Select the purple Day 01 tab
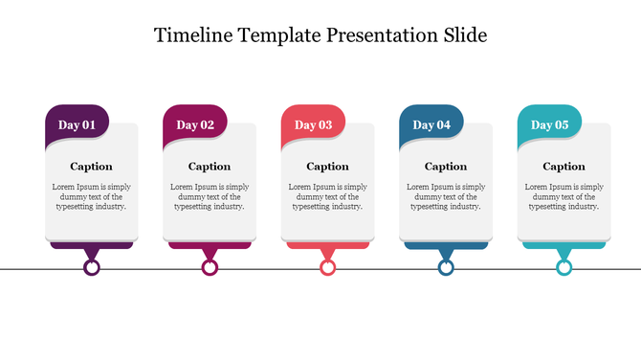click(x=77, y=124)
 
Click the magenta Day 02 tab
click(x=195, y=124)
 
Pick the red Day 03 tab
click(x=313, y=124)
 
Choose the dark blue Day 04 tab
click(x=431, y=124)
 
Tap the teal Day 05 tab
click(x=549, y=124)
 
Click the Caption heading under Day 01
click(x=91, y=167)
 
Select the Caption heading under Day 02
click(x=210, y=167)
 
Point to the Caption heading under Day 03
click(x=327, y=167)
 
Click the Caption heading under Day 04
click(x=446, y=167)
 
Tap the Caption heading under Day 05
click(x=564, y=167)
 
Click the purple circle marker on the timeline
click(x=92, y=268)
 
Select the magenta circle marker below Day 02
click(x=210, y=268)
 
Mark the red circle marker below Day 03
click(x=328, y=268)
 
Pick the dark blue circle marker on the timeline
click(x=446, y=268)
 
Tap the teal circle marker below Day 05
click(x=564, y=268)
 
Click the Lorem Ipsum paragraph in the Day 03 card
click(x=327, y=196)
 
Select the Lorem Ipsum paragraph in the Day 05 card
click(x=564, y=196)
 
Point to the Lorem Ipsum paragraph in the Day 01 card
click(x=91, y=196)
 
